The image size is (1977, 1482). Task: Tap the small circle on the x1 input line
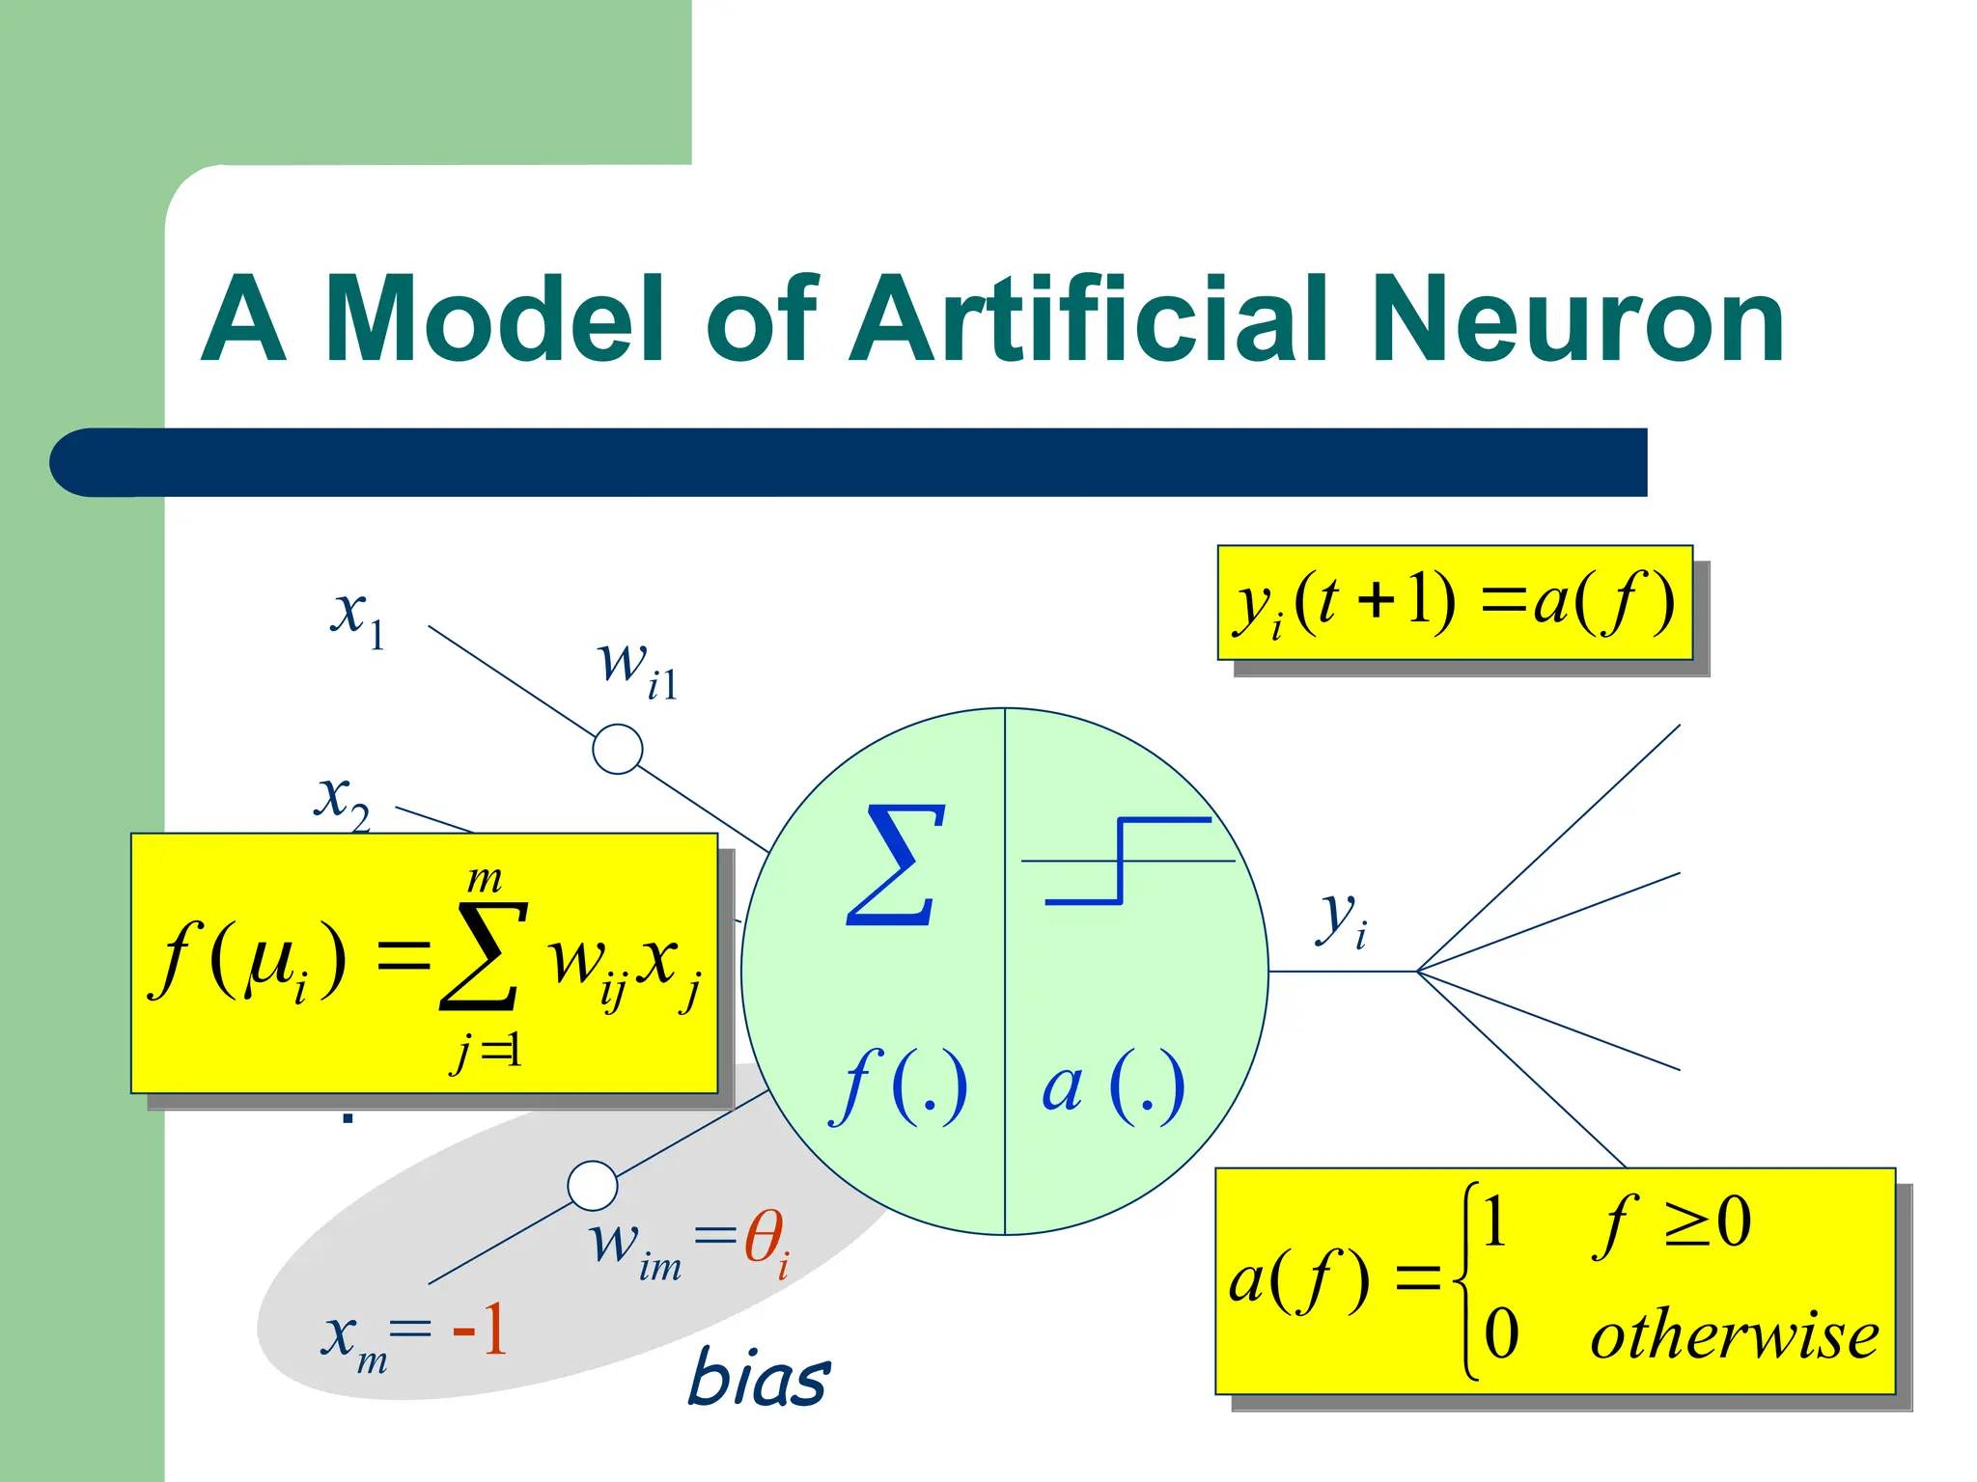coord(618,749)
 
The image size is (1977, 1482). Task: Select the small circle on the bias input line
coord(593,1186)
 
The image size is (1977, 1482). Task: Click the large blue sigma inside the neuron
coord(896,865)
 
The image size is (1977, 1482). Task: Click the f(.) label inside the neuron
coord(898,1086)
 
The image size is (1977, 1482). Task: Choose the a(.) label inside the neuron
coord(1113,1086)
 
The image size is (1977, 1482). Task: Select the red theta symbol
coord(766,1240)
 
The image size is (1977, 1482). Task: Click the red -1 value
coord(480,1330)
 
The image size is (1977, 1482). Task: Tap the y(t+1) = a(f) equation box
coord(1455,602)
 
